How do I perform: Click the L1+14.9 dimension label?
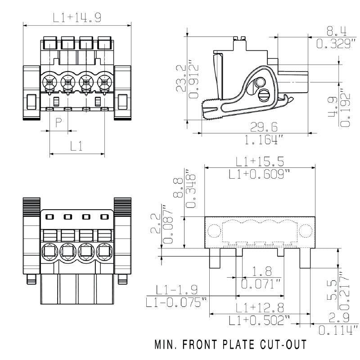tap(77, 18)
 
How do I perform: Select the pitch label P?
tap(58, 122)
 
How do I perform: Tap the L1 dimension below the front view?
tap(77, 146)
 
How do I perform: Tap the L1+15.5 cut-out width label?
tap(260, 162)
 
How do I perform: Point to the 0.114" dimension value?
tap(337, 330)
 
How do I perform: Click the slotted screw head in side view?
tap(265, 95)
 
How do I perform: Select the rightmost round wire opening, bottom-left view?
tap(104, 250)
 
